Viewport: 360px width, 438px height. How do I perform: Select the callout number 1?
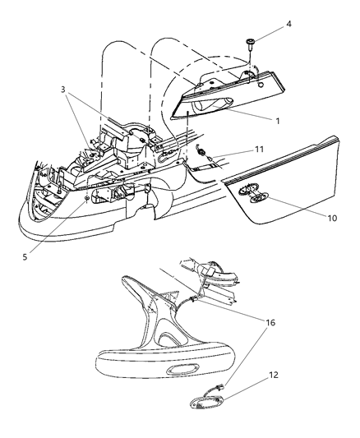[279, 121]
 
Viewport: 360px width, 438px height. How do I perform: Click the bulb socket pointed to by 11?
[204, 151]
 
